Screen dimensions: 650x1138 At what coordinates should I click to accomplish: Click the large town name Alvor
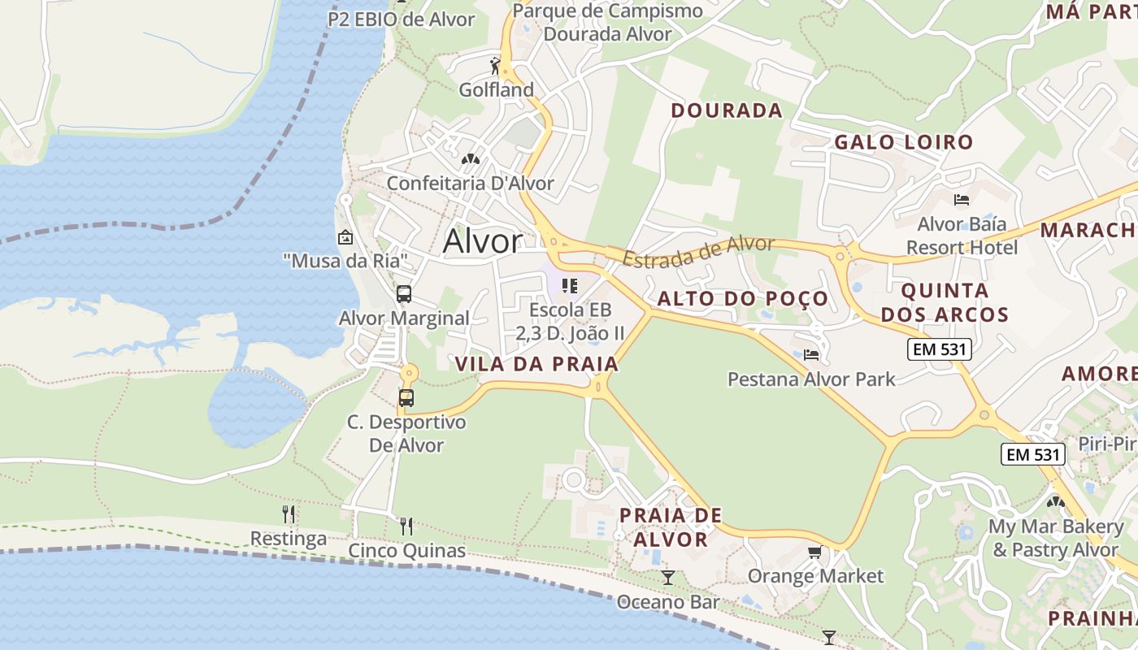coord(483,241)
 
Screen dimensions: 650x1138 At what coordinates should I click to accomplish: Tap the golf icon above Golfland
coord(495,64)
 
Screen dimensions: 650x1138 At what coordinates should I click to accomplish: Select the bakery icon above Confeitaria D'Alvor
coord(470,159)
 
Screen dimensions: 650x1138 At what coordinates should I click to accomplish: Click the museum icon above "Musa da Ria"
coord(345,237)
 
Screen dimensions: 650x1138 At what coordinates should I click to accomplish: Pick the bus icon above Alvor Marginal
coord(404,294)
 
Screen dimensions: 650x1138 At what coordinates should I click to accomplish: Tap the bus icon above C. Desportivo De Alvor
coord(406,398)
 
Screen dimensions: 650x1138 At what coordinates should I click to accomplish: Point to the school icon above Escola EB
coord(570,286)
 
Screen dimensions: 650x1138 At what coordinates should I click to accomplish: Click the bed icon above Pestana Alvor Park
coord(810,355)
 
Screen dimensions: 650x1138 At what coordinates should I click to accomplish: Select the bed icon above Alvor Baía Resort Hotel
coord(962,200)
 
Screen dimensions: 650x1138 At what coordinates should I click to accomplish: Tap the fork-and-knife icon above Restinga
coord(288,514)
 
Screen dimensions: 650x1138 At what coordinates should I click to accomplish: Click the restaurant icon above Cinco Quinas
coord(406,526)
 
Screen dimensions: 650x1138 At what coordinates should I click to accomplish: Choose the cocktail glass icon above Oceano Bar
coord(667,578)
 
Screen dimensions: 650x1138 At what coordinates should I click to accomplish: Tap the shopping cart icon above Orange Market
coord(814,552)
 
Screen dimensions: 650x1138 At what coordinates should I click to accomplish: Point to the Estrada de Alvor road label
coord(699,251)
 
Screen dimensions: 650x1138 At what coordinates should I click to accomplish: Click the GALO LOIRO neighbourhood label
coord(904,142)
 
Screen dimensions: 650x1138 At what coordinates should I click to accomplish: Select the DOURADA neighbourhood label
coord(727,110)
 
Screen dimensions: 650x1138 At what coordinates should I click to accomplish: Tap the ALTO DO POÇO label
coord(742,298)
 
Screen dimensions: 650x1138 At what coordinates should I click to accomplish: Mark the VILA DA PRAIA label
coord(536,364)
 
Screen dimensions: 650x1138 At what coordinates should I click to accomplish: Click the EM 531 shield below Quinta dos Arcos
coord(939,349)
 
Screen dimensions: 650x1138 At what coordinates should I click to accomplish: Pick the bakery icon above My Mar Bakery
coord(1055,502)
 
